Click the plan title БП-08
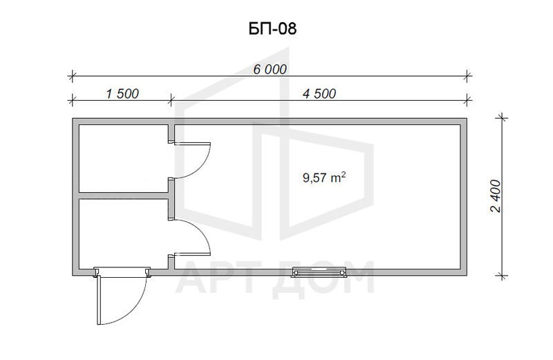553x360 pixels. [272, 28]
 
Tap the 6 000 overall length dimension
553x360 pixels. [270, 70]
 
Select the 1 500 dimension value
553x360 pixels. [122, 94]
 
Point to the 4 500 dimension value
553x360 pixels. [319, 94]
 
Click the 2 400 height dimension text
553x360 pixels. [496, 196]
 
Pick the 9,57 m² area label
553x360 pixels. [324, 177]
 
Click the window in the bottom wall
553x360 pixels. [319, 272]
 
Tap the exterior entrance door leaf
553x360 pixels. [100, 300]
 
